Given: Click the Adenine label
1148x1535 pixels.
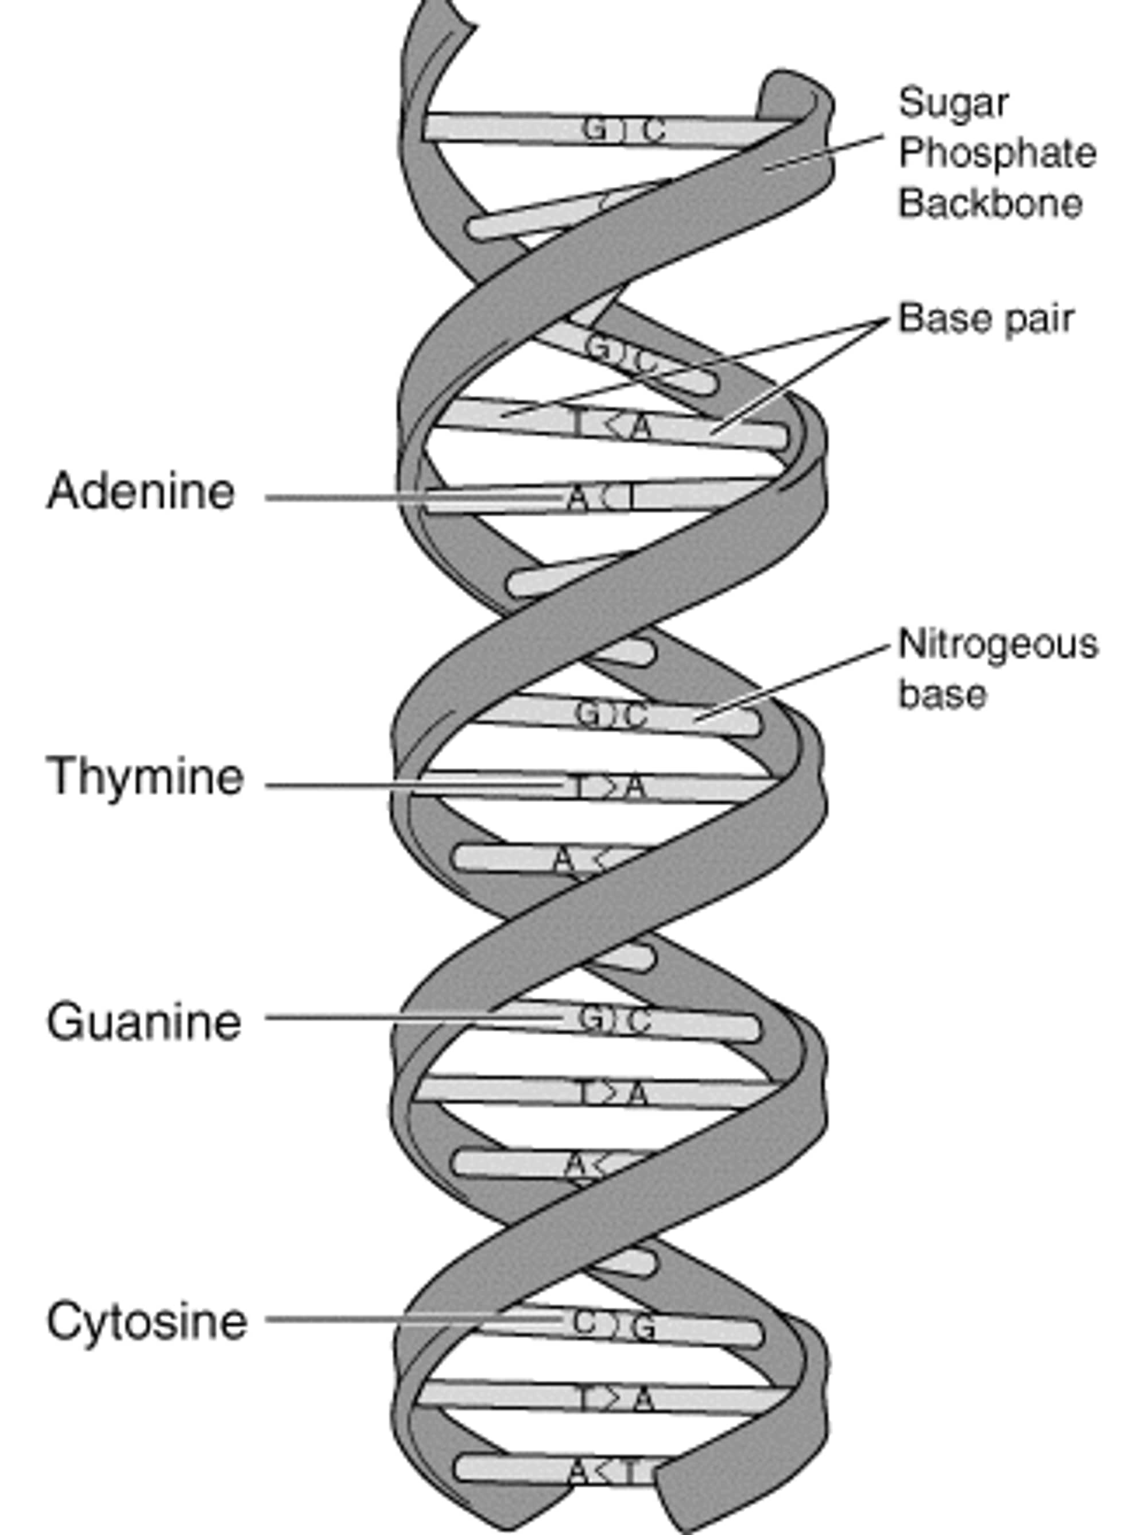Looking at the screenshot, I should pyautogui.click(x=141, y=492).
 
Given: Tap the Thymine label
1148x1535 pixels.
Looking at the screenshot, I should pyautogui.click(x=145, y=776).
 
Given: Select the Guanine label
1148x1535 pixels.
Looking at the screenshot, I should pyautogui.click(x=143, y=1022).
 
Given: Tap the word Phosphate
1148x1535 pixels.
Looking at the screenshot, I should pyautogui.click(x=997, y=153).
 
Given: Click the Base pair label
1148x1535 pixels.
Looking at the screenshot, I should pyautogui.click(x=986, y=319).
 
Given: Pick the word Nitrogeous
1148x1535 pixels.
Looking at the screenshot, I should pyautogui.click(x=998, y=644).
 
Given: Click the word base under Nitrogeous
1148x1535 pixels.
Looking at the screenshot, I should pyautogui.click(x=942, y=694).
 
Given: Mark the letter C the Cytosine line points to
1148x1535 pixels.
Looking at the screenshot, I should pyautogui.click(x=585, y=1323).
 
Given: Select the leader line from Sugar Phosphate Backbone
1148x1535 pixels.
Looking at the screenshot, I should pyautogui.click(x=825, y=151).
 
